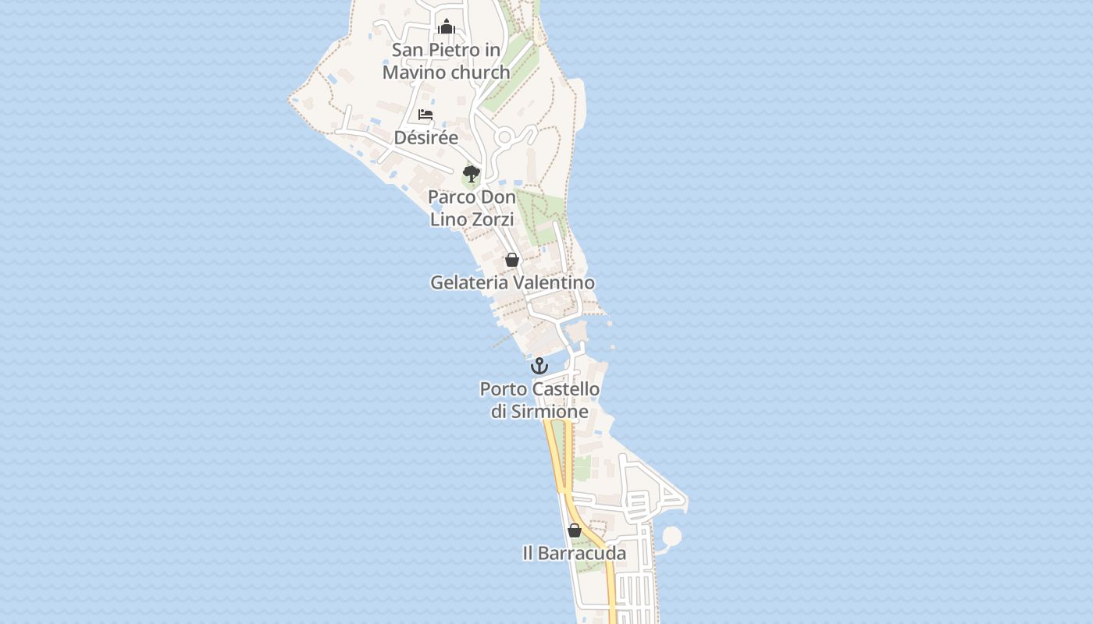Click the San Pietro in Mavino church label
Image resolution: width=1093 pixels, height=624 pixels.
point(446,61)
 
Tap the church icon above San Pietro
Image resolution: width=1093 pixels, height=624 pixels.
point(447,27)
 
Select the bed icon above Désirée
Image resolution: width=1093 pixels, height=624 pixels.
point(425,115)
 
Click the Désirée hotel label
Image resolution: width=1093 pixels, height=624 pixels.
point(425,138)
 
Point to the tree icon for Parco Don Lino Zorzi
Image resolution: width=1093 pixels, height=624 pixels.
point(471,173)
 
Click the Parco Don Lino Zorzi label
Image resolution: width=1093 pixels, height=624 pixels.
point(472,208)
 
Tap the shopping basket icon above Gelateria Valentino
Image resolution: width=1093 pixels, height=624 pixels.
point(512,260)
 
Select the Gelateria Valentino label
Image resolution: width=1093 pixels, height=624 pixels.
point(512,282)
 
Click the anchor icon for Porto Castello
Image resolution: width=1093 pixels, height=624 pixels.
point(539,366)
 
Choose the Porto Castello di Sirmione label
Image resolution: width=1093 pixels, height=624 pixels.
point(539,400)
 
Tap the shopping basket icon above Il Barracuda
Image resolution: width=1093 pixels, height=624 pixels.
point(575,530)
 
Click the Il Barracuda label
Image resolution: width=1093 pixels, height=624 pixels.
point(574,554)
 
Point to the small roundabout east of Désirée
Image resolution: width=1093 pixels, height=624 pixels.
point(504,138)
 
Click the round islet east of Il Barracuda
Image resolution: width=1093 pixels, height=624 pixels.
point(671,537)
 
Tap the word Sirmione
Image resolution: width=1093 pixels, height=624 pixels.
point(550,412)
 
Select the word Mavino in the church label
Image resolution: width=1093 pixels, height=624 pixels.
point(415,73)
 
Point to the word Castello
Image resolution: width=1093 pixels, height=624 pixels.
point(566,388)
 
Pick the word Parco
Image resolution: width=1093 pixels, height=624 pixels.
point(450,197)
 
